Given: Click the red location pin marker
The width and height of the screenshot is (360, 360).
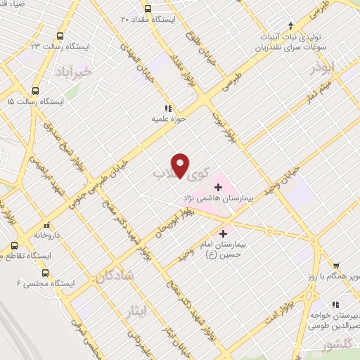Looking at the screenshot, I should pyautogui.click(x=181, y=165).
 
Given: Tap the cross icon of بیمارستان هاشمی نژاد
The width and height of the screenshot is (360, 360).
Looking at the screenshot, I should pyautogui.click(x=218, y=187).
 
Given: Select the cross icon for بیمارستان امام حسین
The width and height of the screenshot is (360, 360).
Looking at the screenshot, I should pyautogui.click(x=224, y=233).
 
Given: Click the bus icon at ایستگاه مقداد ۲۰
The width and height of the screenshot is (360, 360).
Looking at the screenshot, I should pyautogui.click(x=148, y=8).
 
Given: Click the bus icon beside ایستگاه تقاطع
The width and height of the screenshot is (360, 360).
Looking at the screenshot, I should pyautogui.click(x=13, y=246).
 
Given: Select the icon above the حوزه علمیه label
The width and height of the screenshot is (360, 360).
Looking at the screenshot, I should pyautogui.click(x=167, y=108).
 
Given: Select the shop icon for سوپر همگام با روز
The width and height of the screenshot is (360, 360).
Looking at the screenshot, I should pyautogui.click(x=336, y=266).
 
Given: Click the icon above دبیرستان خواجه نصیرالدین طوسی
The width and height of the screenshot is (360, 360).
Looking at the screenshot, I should pyautogui.click(x=336, y=304).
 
